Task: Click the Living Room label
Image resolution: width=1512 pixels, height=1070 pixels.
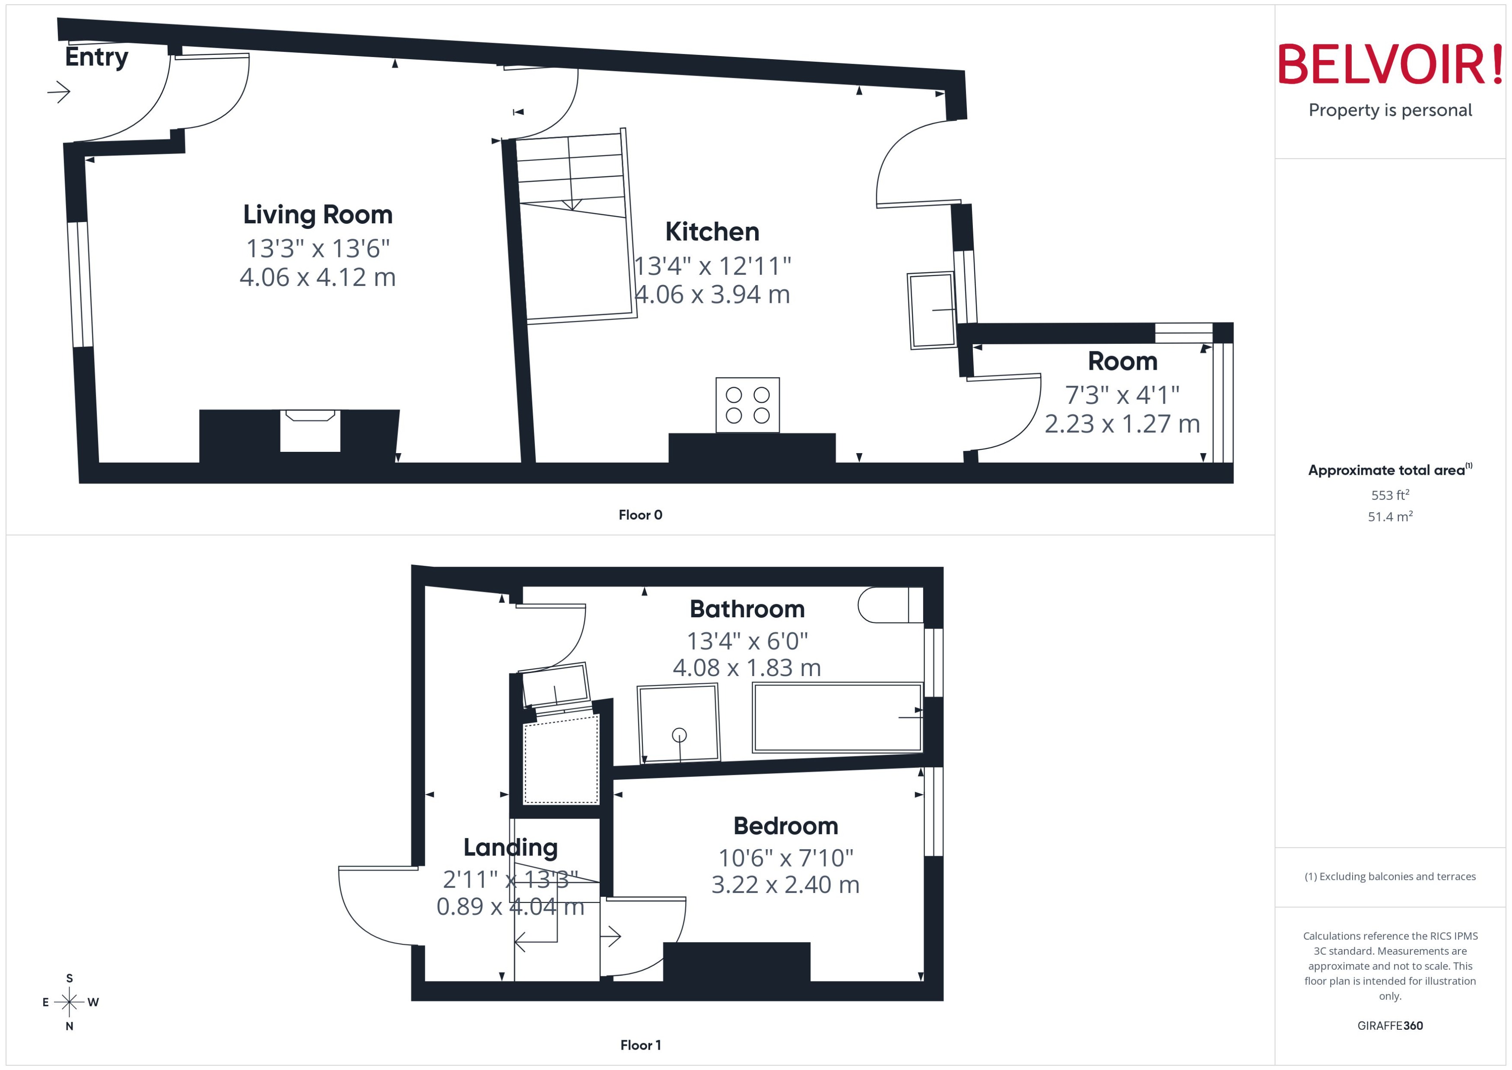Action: coord(318,215)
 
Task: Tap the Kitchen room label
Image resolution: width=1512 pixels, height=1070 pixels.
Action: coord(712,232)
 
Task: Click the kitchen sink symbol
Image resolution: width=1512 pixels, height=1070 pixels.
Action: coord(931,310)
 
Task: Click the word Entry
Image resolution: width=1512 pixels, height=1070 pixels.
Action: coord(96,57)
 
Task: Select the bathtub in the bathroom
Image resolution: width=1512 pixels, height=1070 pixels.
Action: coord(837,718)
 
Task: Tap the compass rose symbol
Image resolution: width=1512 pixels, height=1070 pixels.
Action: coord(69,1002)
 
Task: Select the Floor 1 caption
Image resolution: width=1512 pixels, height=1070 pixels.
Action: coord(640,1045)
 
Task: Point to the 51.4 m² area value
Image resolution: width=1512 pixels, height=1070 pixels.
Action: coord(1389,517)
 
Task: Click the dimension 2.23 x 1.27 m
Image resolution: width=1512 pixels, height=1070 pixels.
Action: coord(1122,424)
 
